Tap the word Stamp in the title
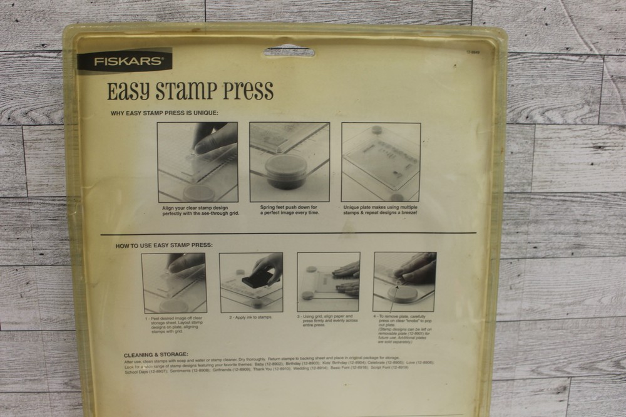click(x=187, y=91)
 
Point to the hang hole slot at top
click(x=289, y=52)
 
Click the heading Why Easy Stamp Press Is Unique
click(x=164, y=113)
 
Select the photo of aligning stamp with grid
click(x=197, y=162)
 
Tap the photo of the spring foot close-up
click(x=289, y=162)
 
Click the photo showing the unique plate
click(x=381, y=162)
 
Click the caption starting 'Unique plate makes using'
click(x=381, y=210)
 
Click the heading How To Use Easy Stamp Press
click(x=164, y=245)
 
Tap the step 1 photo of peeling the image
click(x=173, y=282)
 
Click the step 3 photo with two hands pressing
click(x=328, y=282)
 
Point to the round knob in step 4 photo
click(x=403, y=293)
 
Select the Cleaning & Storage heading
click(x=156, y=354)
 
